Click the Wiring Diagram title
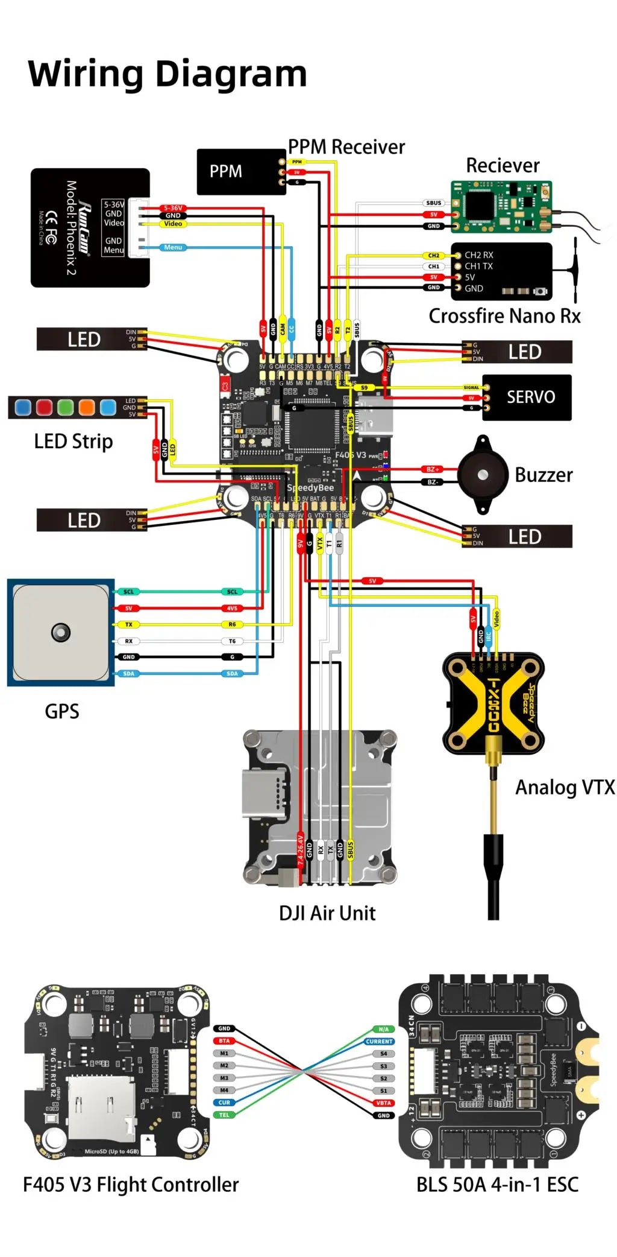[168, 74]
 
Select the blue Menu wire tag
[172, 247]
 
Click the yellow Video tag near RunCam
[173, 224]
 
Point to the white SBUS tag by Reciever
[434, 203]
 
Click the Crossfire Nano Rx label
[504, 316]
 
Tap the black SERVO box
[530, 397]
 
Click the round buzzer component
[483, 475]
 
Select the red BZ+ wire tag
[433, 469]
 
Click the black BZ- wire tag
[433, 482]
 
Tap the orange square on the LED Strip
[86, 407]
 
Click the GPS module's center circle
[61, 632]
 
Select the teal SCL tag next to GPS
[128, 592]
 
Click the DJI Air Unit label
[327, 913]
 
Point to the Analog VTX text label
[565, 787]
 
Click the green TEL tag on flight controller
[224, 1115]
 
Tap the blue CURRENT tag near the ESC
[379, 1041]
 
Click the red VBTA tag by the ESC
[383, 1103]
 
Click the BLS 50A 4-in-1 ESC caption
[497, 1185]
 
